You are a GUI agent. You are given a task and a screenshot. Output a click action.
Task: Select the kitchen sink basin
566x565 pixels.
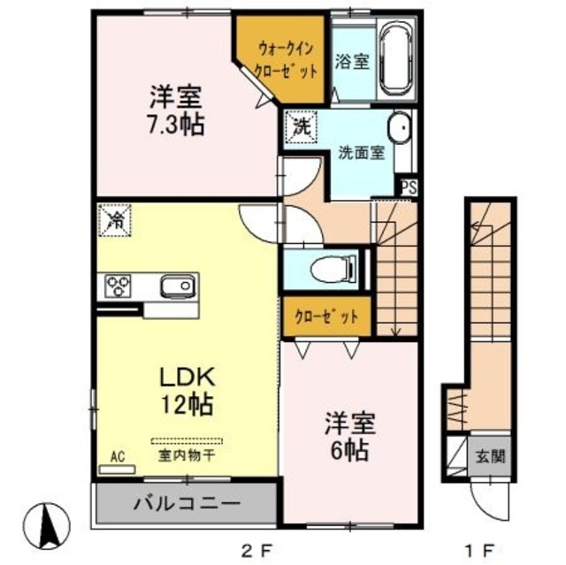click(177, 286)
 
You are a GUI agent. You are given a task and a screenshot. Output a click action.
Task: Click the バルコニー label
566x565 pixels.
click(187, 505)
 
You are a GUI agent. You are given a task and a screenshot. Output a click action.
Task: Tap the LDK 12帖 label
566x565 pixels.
click(186, 390)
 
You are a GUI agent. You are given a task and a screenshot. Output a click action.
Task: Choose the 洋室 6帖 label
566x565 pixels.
click(348, 436)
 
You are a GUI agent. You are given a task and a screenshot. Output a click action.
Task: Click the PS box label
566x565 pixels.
click(408, 186)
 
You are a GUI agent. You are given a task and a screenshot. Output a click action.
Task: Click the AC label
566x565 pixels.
click(117, 456)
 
